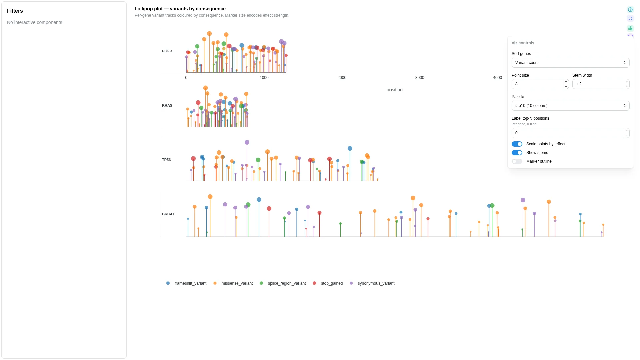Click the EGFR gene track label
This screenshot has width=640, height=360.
tap(167, 51)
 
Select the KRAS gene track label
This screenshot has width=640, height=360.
tap(167, 105)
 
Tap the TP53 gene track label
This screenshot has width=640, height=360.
tap(166, 160)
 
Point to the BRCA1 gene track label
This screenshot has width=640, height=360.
tap(168, 214)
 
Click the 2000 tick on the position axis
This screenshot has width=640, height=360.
tap(342, 78)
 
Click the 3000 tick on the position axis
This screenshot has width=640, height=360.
tap(420, 78)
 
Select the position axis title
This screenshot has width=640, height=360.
tap(395, 90)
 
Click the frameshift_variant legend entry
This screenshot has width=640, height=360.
tap(187, 283)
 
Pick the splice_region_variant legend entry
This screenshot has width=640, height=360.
tap(283, 283)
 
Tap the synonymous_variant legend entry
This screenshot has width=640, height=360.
tap(372, 283)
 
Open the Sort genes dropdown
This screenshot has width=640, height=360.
tap(570, 63)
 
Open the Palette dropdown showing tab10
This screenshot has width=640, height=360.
tap(570, 106)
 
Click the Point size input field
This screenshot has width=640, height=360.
tap(537, 84)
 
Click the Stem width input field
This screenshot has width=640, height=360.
tap(598, 84)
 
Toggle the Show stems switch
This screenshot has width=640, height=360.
tap(517, 153)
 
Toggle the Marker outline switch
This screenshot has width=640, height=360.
tap(517, 161)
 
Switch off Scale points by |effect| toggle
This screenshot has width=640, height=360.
tap(517, 144)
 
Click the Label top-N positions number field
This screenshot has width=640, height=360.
tap(568, 133)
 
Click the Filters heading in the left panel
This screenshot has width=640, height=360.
tap(15, 11)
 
